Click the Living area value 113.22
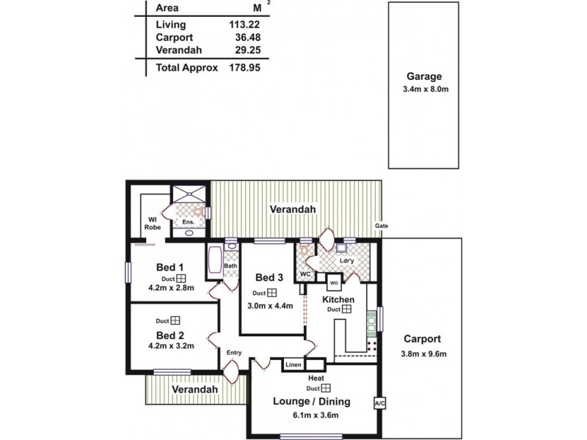click(x=246, y=25)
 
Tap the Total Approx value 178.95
click(x=246, y=67)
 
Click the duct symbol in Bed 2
click(x=176, y=320)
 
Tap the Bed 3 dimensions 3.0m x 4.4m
click(x=271, y=305)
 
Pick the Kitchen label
click(x=338, y=299)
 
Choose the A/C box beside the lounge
click(x=379, y=403)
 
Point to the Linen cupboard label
click(x=293, y=364)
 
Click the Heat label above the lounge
click(x=316, y=378)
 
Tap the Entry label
click(x=234, y=353)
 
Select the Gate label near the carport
click(x=381, y=225)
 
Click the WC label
click(x=306, y=274)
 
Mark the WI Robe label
click(x=152, y=223)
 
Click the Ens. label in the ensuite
click(x=187, y=221)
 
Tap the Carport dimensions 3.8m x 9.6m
click(x=422, y=353)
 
